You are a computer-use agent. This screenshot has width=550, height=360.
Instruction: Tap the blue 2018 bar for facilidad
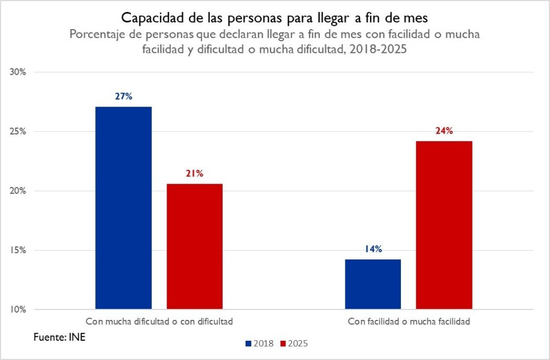373,284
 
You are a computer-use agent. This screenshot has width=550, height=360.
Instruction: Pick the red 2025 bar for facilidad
444,225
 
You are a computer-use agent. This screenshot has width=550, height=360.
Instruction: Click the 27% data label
124,96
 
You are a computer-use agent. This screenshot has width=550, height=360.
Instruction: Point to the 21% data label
195,173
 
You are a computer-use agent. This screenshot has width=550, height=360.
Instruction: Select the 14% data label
373,249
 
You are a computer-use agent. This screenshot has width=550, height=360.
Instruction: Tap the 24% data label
444,131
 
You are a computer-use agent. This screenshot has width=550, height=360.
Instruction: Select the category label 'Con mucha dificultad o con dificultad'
159,322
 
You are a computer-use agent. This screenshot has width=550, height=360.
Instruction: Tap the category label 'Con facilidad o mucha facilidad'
409,322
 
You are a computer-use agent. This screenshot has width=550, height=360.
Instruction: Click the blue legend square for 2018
248,344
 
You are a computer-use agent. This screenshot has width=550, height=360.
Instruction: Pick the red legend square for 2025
283,344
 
